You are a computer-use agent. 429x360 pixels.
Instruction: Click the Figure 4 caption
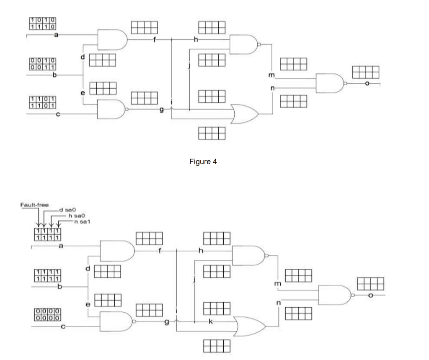(x=203, y=162)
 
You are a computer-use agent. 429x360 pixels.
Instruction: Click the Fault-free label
(x=34, y=205)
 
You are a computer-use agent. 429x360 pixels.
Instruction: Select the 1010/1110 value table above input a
(x=43, y=23)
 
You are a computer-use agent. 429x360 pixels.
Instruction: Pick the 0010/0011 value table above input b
(x=43, y=64)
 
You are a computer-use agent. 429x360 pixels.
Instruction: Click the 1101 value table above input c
(x=43, y=102)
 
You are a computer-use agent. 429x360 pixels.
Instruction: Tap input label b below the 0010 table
(x=54, y=75)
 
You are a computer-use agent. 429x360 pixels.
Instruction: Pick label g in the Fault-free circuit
(x=167, y=321)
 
